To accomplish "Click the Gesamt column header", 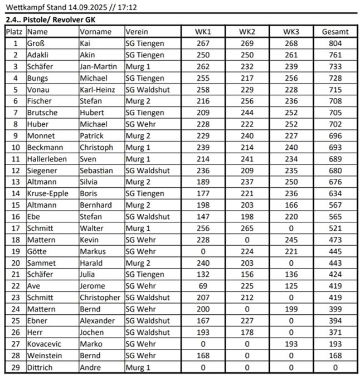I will tap(335, 32).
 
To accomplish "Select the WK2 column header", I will tap(246, 32).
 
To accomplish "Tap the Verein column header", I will tap(137, 32).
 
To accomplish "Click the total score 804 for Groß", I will tap(335, 43).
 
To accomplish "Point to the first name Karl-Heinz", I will tap(99, 90).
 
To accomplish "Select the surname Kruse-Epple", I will tap(47, 193).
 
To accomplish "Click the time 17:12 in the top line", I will tap(128, 8).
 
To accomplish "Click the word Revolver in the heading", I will tap(73, 20).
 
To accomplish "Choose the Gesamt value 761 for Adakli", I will tap(335, 55).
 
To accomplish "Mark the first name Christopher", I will tap(100, 298).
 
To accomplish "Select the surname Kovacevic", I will tap(43, 344).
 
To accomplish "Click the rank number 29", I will tap(15, 367).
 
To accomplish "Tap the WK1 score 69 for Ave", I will tap(202, 286).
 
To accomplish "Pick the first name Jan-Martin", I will tap(99, 66).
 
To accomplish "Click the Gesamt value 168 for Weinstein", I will tap(335, 355).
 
